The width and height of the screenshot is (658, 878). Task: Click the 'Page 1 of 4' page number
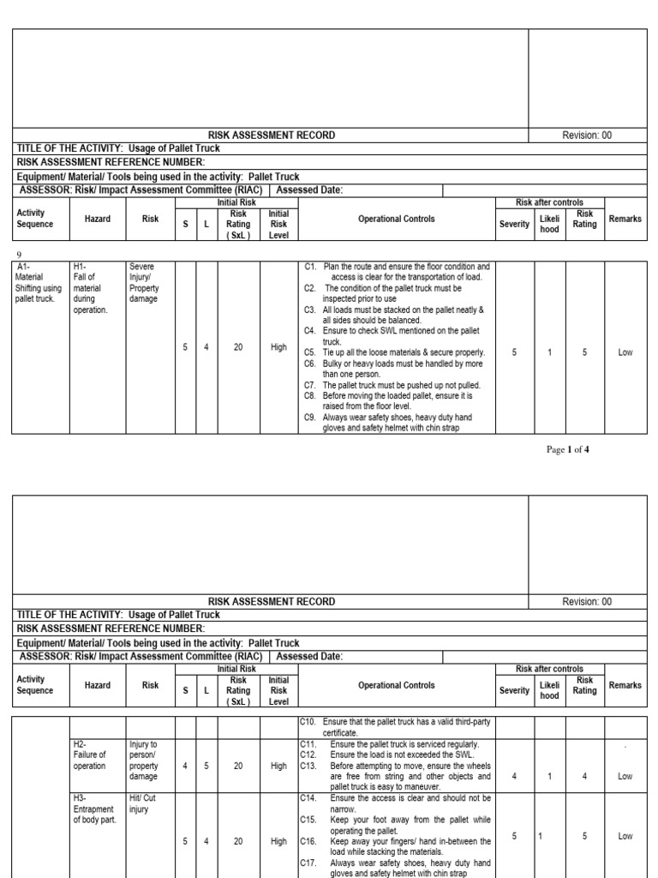tap(568, 449)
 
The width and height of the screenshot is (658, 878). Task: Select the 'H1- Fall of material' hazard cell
tap(90, 288)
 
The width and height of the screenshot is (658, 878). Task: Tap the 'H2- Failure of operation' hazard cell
tap(90, 755)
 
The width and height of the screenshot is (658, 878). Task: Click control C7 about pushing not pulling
tap(397, 385)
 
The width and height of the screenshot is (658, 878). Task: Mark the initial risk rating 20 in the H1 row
tap(238, 348)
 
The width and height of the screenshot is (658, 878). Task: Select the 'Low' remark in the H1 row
tap(625, 352)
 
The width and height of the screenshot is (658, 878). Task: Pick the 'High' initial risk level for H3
tap(278, 842)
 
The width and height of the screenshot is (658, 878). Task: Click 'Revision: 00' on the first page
tap(587, 135)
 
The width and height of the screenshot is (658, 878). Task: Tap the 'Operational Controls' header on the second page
tap(396, 685)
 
